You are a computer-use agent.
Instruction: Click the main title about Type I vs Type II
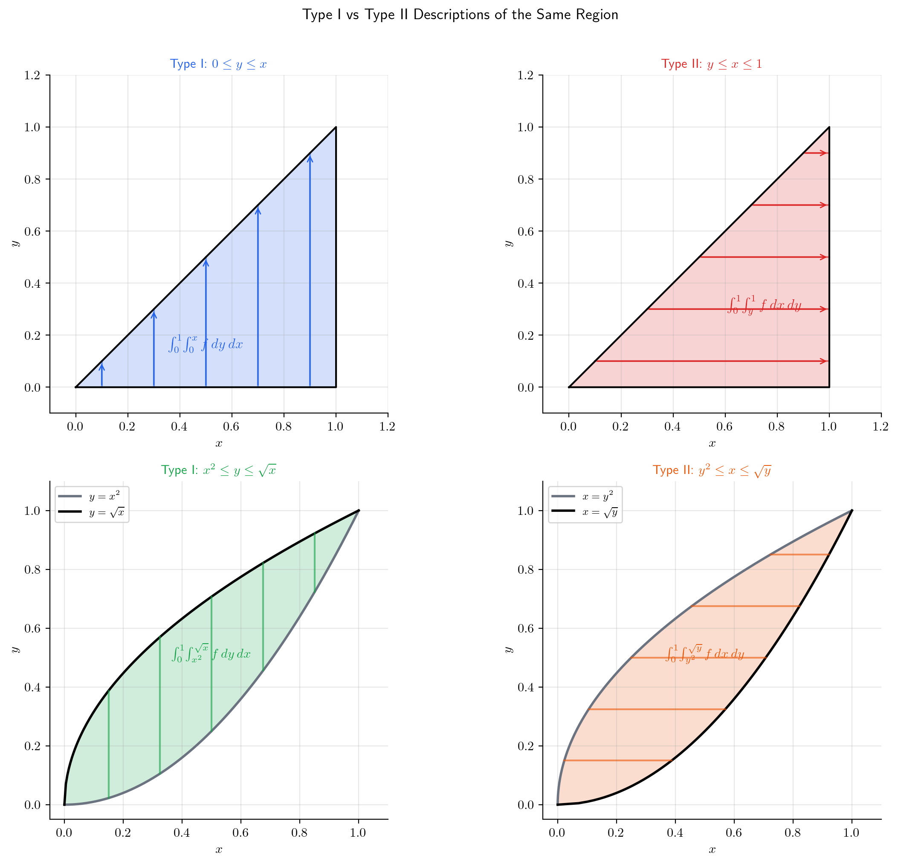[x=460, y=14]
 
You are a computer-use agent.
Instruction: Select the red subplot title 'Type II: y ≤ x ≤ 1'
[x=711, y=64]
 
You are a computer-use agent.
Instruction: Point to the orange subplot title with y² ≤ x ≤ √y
[x=712, y=470]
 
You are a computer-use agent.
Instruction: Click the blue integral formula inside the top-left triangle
[x=205, y=344]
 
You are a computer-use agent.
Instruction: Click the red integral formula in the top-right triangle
[x=764, y=305]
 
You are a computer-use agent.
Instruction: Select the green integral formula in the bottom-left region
[x=211, y=653]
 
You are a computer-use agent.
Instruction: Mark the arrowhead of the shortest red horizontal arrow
[x=826, y=153]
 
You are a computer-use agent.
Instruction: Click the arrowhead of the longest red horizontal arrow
[x=826, y=361]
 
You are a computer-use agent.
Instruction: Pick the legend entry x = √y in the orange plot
[x=599, y=513]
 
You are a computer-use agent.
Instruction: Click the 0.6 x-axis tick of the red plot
[x=724, y=427]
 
